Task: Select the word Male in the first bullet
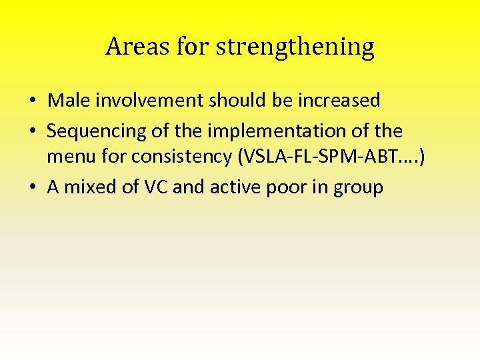coord(65,100)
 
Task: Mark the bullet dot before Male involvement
coord(32,101)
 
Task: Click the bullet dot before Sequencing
coord(32,131)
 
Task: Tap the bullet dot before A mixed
coord(32,188)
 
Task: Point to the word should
coord(237,100)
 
